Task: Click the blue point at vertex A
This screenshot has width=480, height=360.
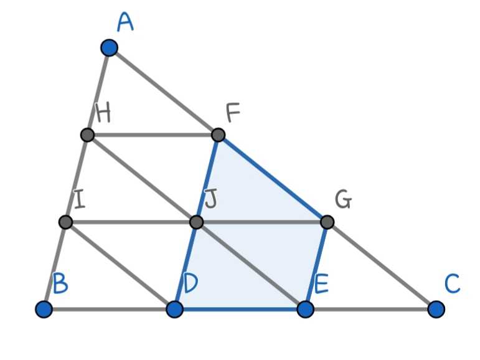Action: coord(109,48)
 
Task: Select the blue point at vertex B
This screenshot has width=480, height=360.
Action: coord(44,309)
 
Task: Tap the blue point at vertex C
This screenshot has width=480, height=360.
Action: coord(436,309)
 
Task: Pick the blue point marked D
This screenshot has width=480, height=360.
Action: coord(174,309)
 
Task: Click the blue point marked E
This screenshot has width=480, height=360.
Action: coord(305,309)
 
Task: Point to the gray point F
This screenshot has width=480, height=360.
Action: coord(219,135)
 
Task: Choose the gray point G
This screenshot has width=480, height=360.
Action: coord(327,222)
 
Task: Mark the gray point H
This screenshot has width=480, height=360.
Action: coord(87,135)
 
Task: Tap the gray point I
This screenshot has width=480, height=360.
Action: coord(65,222)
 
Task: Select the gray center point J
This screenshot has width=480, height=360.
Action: coord(196,222)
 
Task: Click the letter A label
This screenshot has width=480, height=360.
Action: coord(125,22)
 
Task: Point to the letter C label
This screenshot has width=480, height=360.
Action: coord(452,284)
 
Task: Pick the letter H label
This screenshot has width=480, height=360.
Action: coord(103,113)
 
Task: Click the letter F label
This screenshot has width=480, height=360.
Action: coord(233,113)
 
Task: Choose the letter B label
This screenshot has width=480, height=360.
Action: coord(60,283)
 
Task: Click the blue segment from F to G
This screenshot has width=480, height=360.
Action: coord(273,178)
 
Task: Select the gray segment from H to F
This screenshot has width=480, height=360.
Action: coord(153,135)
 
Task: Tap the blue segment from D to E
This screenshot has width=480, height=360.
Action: coord(240,309)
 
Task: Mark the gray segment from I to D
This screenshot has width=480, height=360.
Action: coord(120,265)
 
